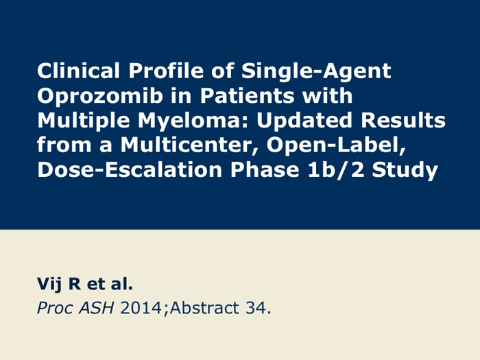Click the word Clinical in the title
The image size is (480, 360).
(78, 71)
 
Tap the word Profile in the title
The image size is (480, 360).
(166, 71)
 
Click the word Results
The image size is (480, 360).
(403, 120)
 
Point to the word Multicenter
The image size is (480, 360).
(189, 145)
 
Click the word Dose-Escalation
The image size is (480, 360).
(130, 170)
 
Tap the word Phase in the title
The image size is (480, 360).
(265, 170)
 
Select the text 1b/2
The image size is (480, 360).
(336, 170)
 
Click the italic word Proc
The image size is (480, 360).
(56, 309)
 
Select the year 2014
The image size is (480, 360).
(141, 308)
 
